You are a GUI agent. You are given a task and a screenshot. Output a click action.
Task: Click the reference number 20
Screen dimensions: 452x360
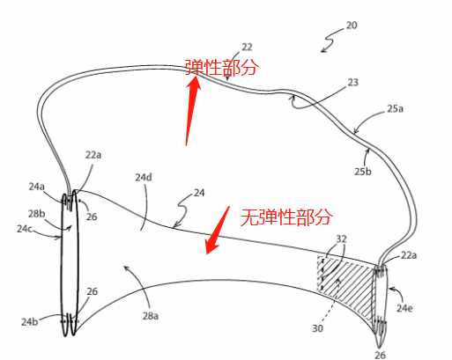(x=352, y=26)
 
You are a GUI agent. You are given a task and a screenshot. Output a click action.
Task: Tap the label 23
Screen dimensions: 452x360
(x=352, y=83)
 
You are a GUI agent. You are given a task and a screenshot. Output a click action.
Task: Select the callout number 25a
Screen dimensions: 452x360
(x=395, y=109)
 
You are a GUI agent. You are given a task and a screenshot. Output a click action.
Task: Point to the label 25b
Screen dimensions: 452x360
(x=363, y=172)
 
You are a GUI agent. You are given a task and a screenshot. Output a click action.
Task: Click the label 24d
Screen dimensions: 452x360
(x=144, y=177)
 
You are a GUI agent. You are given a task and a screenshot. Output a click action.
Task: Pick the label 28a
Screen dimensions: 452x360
(x=151, y=316)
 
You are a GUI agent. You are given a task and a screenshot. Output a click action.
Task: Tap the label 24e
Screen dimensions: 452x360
(x=404, y=308)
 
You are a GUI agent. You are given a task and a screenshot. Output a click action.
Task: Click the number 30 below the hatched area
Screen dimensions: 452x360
(x=317, y=328)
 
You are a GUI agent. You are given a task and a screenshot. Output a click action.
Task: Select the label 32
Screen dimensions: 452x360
(x=341, y=239)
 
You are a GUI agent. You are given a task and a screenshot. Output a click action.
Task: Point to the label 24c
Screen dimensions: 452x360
(x=24, y=229)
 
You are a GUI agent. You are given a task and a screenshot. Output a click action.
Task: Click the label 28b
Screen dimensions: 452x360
(x=37, y=214)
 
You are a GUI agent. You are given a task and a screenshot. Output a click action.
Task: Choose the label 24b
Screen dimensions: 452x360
(x=29, y=322)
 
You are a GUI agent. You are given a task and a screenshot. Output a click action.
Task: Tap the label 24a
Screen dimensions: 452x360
(x=37, y=187)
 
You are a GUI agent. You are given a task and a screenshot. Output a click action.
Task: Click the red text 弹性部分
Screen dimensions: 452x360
(x=222, y=67)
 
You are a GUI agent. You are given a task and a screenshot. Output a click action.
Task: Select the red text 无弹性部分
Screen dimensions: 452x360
(x=286, y=217)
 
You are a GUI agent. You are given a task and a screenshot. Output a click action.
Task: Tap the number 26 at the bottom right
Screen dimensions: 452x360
(x=381, y=355)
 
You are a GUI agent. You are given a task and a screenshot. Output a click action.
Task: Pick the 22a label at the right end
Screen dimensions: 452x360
(x=409, y=255)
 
